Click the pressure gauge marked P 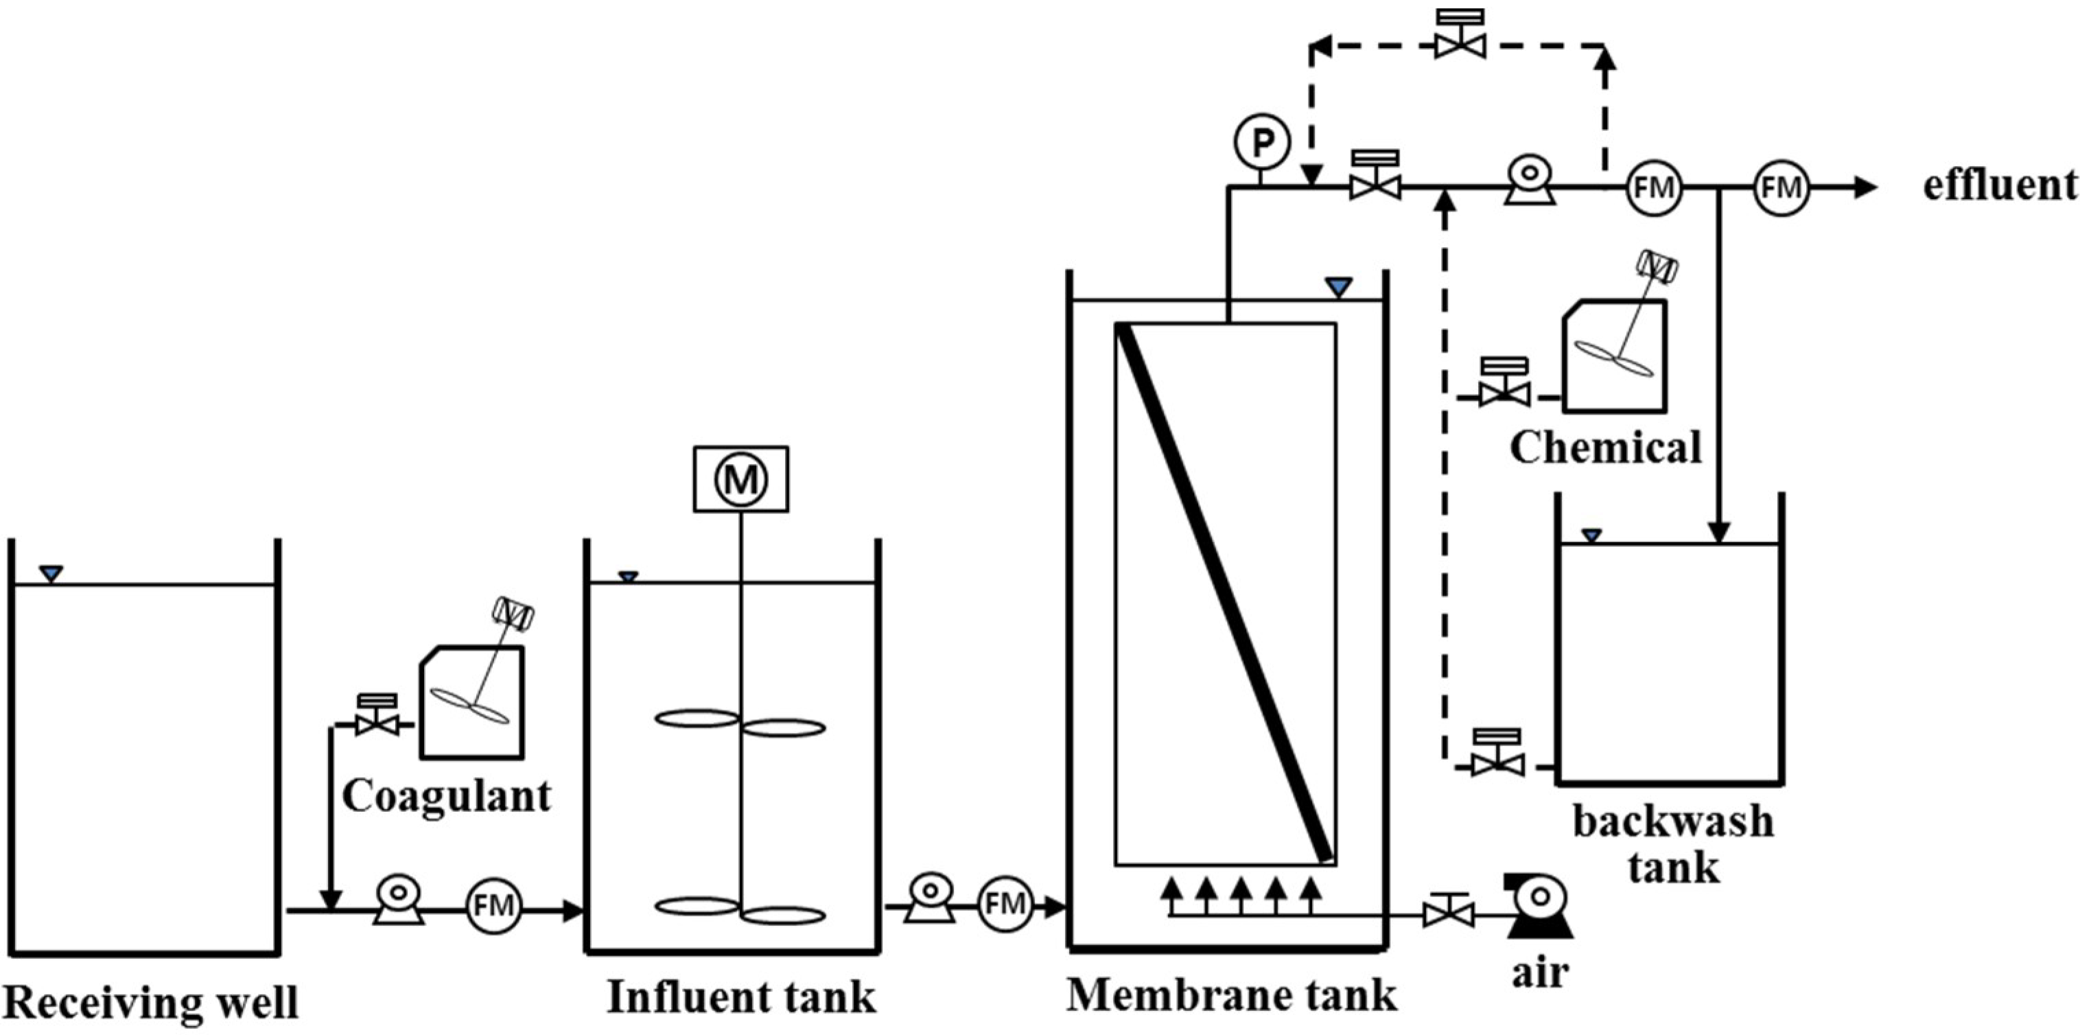pos(1262,142)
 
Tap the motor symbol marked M pos(740,479)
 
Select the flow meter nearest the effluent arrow pos(1781,188)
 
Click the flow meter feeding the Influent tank pos(493,906)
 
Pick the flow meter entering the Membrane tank pos(1005,904)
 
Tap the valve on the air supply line pos(1449,912)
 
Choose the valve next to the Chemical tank pos(1504,388)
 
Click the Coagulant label pos(447,796)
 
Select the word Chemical pos(1605,448)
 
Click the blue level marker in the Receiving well pos(51,574)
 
